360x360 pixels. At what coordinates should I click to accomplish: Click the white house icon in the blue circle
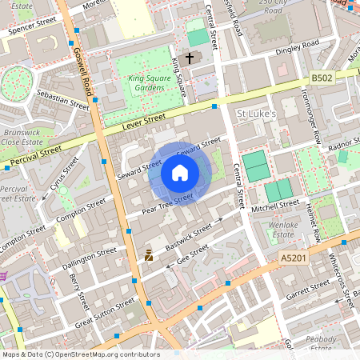[x=179, y=173]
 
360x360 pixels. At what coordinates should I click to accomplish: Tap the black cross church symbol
[x=190, y=58]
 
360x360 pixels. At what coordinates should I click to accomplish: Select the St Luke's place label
[x=257, y=114]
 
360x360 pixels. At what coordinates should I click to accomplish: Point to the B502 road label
[x=322, y=78]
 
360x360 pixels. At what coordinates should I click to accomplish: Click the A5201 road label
[x=294, y=258]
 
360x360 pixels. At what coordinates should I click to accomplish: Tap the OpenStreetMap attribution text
[x=80, y=354]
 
